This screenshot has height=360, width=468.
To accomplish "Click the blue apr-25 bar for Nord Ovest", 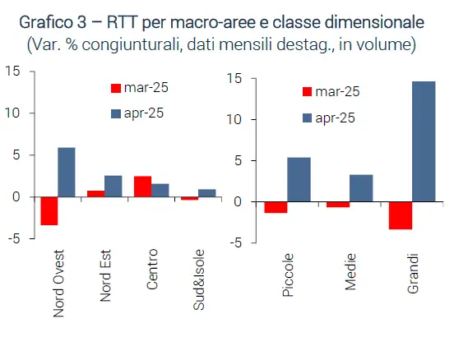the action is pos(67,172).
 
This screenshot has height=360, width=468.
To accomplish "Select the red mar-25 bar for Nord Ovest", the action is pos(49,211).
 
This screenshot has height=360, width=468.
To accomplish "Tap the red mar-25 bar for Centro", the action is pos(142,187).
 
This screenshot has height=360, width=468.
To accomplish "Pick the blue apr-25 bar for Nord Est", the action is pos(114,186).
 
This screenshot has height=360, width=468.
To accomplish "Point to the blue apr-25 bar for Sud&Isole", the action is pos(206,193).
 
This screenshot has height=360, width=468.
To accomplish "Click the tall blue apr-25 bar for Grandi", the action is pos(424,141).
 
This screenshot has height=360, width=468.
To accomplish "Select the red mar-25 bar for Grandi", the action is pos(401,215).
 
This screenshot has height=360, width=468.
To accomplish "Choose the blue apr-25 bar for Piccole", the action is pos(299,179).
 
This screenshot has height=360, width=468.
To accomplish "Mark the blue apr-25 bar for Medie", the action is pos(361,188).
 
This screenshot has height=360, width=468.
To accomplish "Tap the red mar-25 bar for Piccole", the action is pos(276,207).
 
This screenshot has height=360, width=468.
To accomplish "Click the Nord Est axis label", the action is pos(105,276).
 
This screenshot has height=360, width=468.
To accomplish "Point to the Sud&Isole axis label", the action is pos(199,279).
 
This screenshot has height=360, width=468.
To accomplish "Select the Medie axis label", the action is pos(350,272).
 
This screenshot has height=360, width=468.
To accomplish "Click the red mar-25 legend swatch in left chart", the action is pos(116,88).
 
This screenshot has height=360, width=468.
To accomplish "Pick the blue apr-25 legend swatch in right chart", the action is pos(307,118).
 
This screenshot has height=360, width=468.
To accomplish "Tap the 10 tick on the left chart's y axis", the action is pos(12,113).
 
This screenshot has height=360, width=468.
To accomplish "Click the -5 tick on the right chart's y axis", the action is pos(235,242).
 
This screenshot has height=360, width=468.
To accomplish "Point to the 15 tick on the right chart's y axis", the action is pos(234,78).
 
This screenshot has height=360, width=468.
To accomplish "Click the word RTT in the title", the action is pos(122,22).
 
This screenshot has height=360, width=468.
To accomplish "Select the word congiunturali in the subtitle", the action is pos(132,44).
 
